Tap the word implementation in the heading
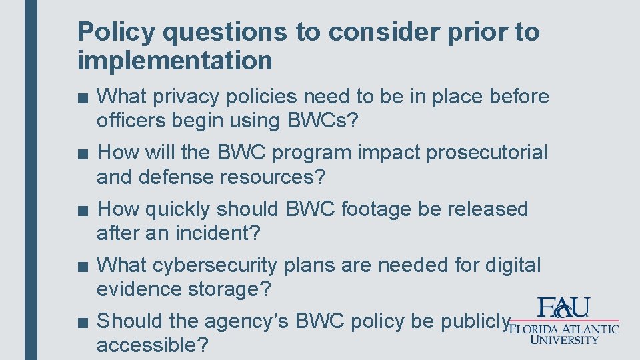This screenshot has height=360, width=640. click(175, 61)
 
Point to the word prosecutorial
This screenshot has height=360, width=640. click(487, 153)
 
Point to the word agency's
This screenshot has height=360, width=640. click(254, 321)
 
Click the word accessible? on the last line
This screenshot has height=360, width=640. click(152, 345)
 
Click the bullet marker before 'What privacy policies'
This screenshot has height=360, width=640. click(81, 98)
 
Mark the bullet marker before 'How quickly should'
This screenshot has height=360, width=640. click(81, 210)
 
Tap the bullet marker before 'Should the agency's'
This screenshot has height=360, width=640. click(81, 322)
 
